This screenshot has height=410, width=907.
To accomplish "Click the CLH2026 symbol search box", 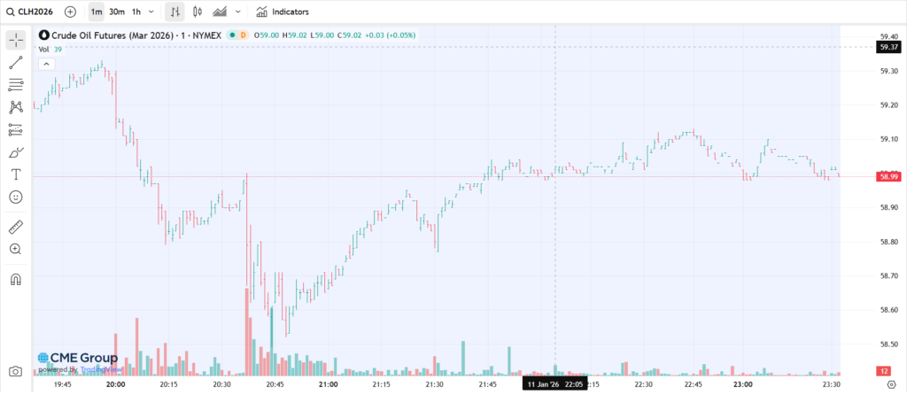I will pyautogui.click(x=34, y=12).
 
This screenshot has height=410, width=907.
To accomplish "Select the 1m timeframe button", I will pyautogui.click(x=96, y=12).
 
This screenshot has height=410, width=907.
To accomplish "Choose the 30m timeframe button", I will pyautogui.click(x=117, y=12).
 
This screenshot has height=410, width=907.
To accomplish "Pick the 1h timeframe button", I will pyautogui.click(x=136, y=12).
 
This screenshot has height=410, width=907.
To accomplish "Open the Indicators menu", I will pyautogui.click(x=283, y=12).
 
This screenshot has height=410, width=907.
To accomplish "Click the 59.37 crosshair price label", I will pyautogui.click(x=887, y=47).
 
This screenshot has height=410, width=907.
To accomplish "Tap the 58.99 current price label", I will pyautogui.click(x=887, y=177).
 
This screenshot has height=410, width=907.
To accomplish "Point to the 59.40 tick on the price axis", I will pyautogui.click(x=887, y=36).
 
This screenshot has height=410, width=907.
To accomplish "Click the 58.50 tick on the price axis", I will pyautogui.click(x=887, y=344).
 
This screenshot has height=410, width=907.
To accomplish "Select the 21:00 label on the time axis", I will pyautogui.click(x=328, y=385).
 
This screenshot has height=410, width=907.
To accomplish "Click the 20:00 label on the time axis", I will pyautogui.click(x=115, y=385).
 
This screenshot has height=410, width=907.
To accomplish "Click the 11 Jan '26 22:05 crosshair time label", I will pyautogui.click(x=554, y=385).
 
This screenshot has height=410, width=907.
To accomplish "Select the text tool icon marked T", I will pyautogui.click(x=16, y=174).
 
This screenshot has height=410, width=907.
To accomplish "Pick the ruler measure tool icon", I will pyautogui.click(x=16, y=227).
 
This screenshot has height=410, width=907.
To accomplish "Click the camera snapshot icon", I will pyautogui.click(x=15, y=372).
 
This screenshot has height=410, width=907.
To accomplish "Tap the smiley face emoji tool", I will pyautogui.click(x=16, y=197).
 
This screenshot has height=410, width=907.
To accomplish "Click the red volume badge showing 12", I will pyautogui.click(x=884, y=371).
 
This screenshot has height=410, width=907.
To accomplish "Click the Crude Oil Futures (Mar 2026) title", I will pyautogui.click(x=106, y=35).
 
